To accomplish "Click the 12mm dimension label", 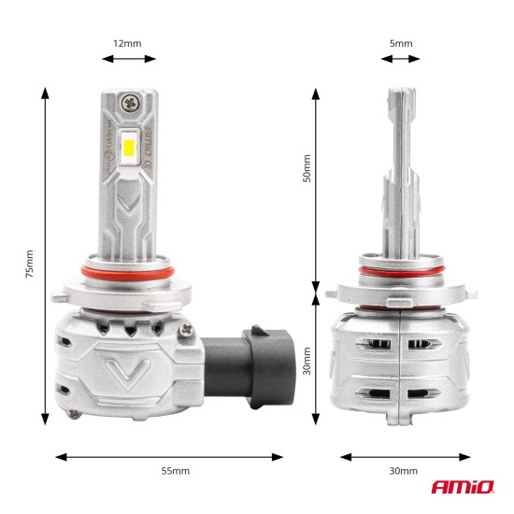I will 129,43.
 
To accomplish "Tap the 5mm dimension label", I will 401,43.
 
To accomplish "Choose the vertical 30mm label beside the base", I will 307,358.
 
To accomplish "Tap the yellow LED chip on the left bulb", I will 130,148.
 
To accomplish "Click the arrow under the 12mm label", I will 129,58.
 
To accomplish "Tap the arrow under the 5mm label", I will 401,58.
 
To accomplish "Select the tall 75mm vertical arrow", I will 45,256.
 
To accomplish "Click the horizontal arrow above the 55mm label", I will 169,457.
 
